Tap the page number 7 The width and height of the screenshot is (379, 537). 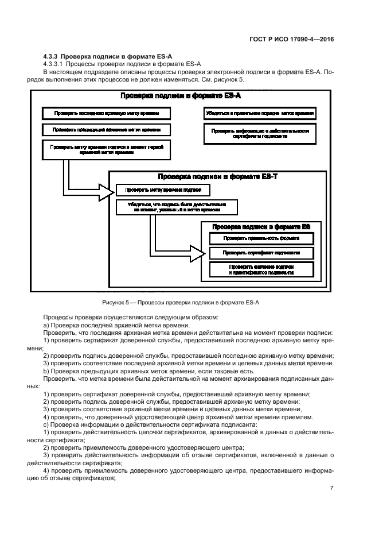(332, 488)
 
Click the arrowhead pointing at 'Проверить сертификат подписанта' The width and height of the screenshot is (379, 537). (198, 251)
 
